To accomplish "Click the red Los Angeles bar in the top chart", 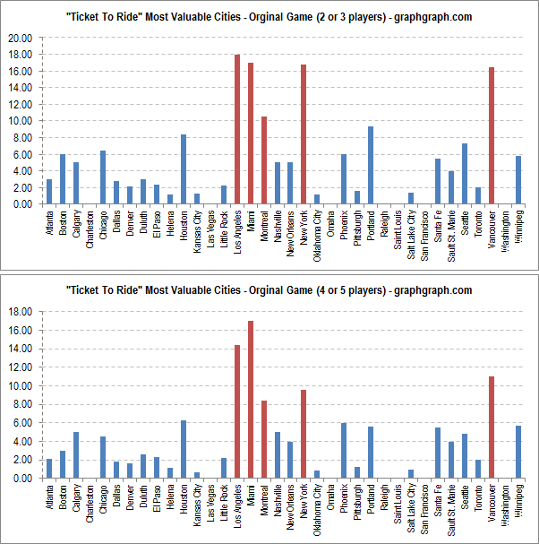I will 237,129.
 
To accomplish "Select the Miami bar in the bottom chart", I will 251,399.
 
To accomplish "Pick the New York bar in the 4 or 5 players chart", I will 304,434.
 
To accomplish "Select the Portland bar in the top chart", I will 371,165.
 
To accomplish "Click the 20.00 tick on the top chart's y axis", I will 20,39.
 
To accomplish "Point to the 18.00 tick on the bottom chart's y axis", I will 20,312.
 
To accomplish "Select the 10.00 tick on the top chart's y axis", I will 20,121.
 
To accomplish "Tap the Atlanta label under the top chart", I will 49,220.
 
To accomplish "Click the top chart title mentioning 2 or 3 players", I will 269,17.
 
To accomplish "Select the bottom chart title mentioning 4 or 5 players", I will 269,290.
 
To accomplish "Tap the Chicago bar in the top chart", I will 103,177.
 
